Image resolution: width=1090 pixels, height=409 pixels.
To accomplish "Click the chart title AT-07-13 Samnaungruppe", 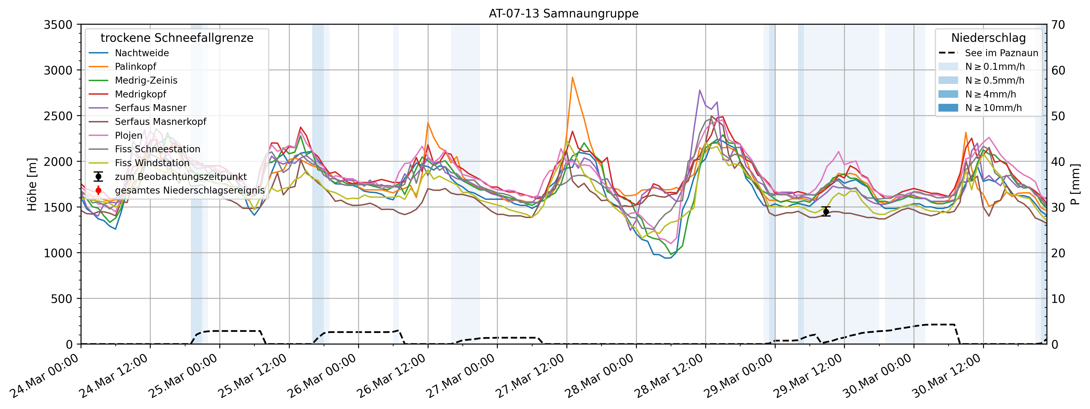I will point(564,14).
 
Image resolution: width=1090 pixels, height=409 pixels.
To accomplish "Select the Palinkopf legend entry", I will point(135,67).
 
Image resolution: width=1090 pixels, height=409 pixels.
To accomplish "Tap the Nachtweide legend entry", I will point(142,53).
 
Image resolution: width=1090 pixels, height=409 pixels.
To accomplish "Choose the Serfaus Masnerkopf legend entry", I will point(160,122).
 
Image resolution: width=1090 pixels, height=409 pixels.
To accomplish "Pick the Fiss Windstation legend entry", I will point(152,163).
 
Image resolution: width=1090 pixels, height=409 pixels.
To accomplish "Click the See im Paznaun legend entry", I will point(1001,53).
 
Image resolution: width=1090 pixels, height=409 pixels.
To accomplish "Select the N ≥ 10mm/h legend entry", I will point(993,108).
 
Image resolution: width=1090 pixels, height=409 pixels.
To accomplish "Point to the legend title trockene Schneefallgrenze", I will point(177,38).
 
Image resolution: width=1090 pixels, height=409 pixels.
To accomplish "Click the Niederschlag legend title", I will point(988,38).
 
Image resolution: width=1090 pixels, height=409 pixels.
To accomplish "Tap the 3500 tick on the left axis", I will point(58,25).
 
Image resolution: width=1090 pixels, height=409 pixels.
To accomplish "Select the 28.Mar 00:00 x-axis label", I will point(600,376).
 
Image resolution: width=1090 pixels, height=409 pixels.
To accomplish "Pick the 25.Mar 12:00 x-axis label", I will point(253,376).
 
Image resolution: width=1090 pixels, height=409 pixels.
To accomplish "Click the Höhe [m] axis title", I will point(32,184).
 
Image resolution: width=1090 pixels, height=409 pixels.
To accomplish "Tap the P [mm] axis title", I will point(1075,184).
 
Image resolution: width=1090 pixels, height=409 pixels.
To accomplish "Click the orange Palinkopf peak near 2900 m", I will point(572,78).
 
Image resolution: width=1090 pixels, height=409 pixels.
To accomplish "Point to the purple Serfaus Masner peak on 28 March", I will point(699,90).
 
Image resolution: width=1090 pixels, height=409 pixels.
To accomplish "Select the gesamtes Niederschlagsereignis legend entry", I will point(189,190).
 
